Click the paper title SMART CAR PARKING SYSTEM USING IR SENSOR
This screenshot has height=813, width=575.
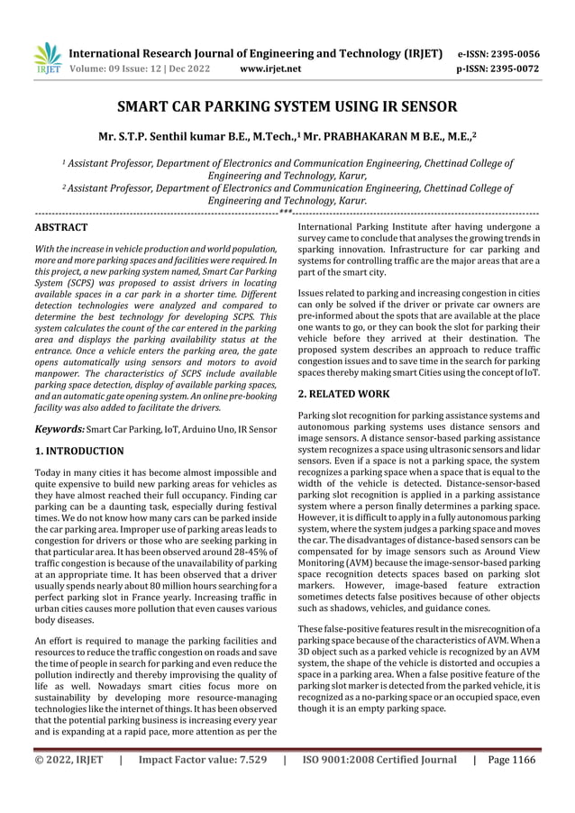pos(288,110)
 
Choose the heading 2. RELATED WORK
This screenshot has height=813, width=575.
pos(343,394)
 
